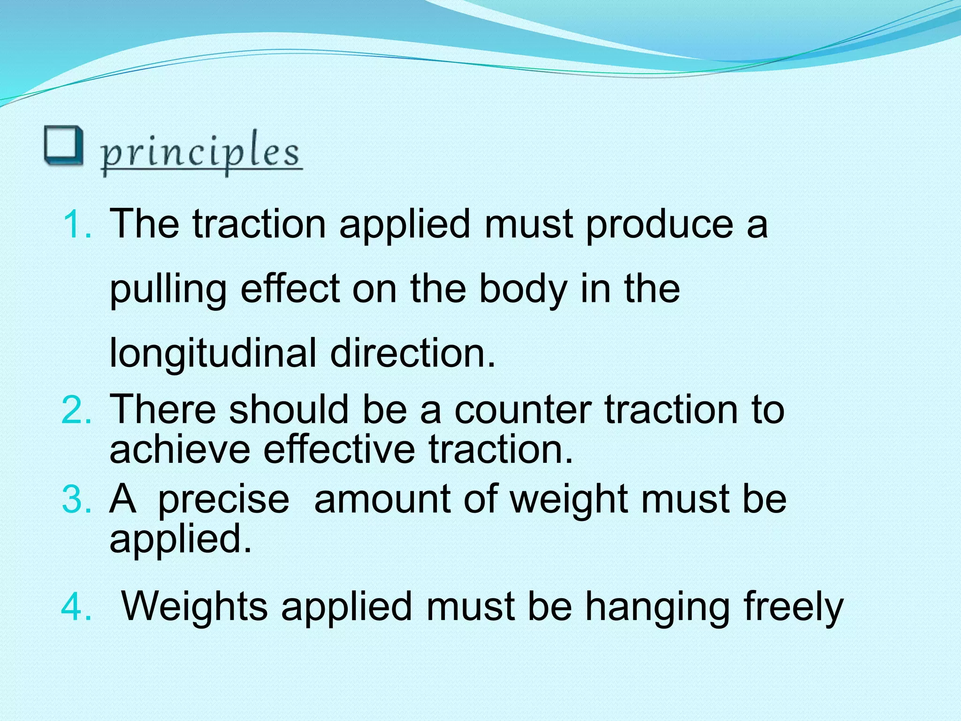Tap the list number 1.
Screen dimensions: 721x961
tap(76, 224)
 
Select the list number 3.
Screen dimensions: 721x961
tap(76, 499)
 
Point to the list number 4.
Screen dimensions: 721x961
tap(76, 607)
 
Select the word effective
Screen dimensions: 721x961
tap(339, 449)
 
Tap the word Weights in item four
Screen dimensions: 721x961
tap(194, 607)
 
